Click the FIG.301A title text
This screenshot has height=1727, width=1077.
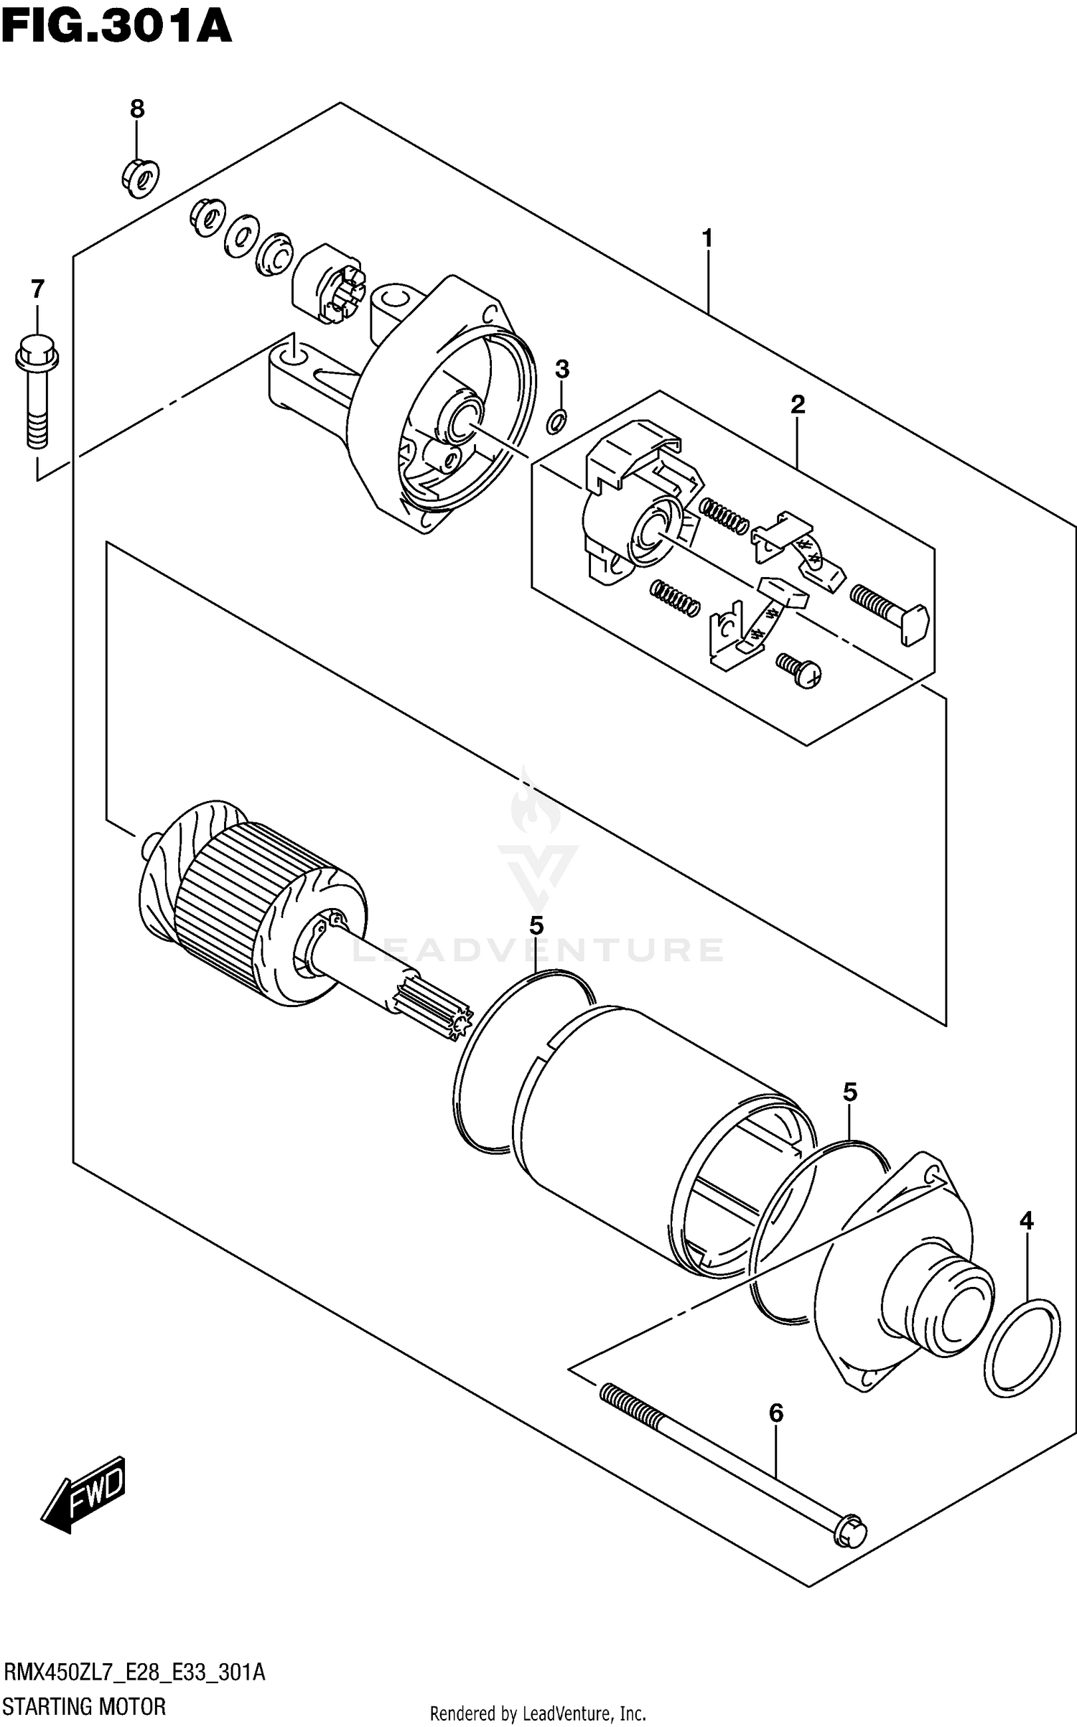click(x=116, y=29)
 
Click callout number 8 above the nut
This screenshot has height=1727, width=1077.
click(x=137, y=109)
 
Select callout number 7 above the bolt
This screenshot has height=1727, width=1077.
click(x=37, y=289)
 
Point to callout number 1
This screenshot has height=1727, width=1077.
click(x=707, y=238)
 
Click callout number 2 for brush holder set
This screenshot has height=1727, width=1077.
click(x=797, y=405)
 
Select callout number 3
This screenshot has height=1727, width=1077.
click(x=562, y=370)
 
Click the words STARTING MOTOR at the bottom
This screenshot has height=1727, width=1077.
click(x=85, y=1705)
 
